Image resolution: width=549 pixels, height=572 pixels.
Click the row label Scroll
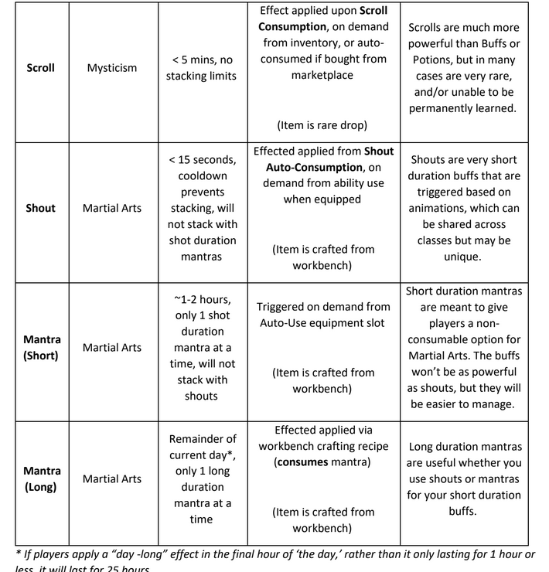[40, 67]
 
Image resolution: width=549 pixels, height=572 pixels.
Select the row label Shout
[40, 208]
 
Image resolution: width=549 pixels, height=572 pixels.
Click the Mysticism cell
[111, 67]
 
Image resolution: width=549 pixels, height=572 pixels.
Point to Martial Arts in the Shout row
[111, 208]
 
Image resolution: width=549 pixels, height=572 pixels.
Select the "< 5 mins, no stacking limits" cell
[201, 67]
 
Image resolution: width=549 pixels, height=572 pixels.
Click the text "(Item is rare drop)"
[322, 125]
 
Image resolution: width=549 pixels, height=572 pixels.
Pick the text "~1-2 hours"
[201, 299]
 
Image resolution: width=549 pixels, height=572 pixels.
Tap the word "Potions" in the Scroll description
[438, 60]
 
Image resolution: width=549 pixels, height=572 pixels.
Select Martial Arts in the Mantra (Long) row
[111, 478]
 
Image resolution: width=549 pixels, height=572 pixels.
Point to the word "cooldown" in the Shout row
[201, 175]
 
